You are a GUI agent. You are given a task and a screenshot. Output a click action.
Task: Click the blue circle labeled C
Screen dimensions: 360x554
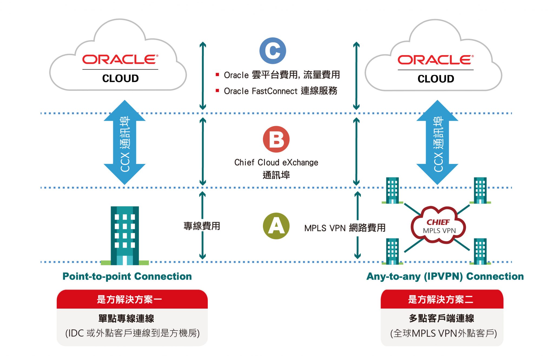click(x=272, y=51)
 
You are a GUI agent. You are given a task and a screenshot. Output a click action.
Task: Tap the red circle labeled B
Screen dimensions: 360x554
click(x=276, y=139)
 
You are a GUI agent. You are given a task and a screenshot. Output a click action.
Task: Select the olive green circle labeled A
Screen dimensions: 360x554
click(x=276, y=226)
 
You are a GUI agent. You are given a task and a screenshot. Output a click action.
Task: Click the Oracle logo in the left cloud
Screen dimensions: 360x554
click(x=120, y=60)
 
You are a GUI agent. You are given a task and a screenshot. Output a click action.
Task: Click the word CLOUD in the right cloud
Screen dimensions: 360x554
click(x=436, y=79)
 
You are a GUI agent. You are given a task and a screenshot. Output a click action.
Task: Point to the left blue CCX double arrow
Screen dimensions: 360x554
click(x=125, y=143)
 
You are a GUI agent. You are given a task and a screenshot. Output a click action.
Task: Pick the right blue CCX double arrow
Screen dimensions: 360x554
click(x=437, y=143)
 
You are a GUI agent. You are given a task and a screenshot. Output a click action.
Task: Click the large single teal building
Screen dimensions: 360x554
click(x=125, y=235)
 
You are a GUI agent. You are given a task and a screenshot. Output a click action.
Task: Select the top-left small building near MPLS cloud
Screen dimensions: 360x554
click(x=392, y=190)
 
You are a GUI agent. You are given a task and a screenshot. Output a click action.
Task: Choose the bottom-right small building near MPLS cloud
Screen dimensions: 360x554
click(x=480, y=251)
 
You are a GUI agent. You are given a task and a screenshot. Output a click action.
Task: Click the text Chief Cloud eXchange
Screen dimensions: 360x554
click(x=276, y=162)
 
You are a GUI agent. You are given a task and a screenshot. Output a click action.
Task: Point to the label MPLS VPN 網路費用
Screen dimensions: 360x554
click(x=345, y=228)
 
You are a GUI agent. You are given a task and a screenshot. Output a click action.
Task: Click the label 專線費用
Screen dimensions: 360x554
click(x=202, y=226)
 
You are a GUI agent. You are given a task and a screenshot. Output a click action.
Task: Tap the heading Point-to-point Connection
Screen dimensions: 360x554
click(x=127, y=276)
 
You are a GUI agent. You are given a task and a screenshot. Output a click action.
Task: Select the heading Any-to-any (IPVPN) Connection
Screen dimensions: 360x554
click(x=445, y=276)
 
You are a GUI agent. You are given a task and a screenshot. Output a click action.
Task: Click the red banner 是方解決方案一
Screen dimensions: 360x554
click(x=132, y=299)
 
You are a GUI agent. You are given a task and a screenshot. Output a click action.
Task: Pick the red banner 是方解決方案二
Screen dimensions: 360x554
click(x=441, y=299)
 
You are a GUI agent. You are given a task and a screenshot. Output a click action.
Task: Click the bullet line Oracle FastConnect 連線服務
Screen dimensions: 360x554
click(x=280, y=91)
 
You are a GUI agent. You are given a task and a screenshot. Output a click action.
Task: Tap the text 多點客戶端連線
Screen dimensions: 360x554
click(x=441, y=318)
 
